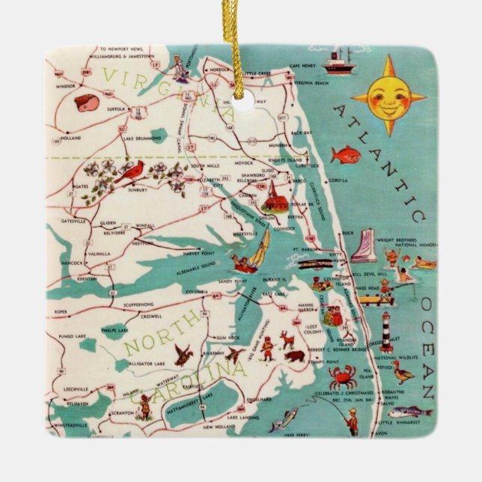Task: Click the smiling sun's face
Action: click(x=388, y=98)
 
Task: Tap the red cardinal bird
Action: click(x=132, y=172)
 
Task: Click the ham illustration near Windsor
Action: click(x=87, y=103)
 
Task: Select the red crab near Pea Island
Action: click(x=343, y=377)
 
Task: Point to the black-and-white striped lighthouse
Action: click(x=386, y=332)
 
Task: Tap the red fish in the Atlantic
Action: click(x=345, y=155)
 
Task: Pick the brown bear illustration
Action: click(x=294, y=355)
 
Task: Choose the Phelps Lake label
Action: click(x=115, y=328)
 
